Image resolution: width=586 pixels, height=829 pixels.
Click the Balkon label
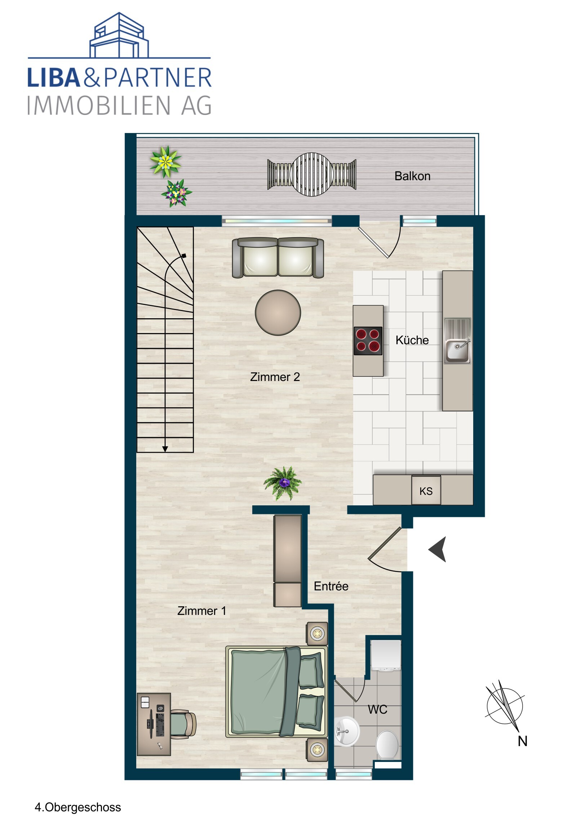pos(412,176)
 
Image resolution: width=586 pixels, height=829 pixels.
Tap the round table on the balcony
pos(312,174)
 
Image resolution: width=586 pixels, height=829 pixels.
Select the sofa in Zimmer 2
pos(278,257)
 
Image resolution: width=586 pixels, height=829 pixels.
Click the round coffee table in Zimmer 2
pos(278,313)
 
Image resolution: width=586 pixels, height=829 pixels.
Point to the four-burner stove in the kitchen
pos(368,341)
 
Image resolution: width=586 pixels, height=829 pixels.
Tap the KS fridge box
pos(426,491)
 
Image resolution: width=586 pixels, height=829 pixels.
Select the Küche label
pos(412,340)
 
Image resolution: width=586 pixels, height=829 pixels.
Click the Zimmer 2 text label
pos(275,377)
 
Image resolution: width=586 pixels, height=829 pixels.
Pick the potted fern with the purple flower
pos(283,483)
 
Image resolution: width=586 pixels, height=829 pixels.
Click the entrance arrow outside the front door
pos(438,549)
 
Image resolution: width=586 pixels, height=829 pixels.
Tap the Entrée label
pos(331,586)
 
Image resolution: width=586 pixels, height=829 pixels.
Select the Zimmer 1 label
pos(201,611)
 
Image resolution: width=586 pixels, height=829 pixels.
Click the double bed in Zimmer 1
pos(276,692)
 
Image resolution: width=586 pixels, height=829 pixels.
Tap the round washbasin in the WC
pos(346,731)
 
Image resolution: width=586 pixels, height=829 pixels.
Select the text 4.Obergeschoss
pos(77,807)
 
